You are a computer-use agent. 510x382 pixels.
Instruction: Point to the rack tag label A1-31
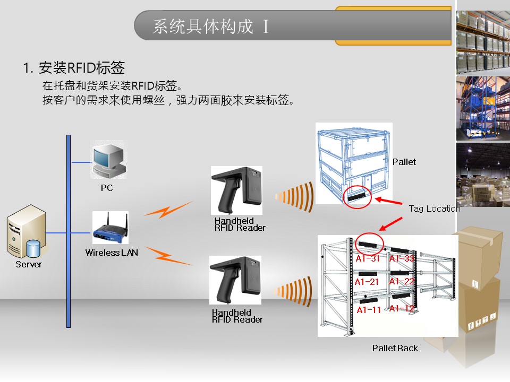(368, 259)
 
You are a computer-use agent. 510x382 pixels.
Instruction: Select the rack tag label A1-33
(402, 259)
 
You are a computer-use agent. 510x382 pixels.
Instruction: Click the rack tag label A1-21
(367, 282)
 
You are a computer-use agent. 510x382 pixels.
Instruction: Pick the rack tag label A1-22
(402, 282)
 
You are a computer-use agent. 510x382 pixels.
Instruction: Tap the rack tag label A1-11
(369, 310)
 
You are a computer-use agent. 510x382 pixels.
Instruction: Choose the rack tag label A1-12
(402, 308)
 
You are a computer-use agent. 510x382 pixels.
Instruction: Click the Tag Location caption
(434, 209)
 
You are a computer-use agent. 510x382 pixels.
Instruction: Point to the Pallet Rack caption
(395, 348)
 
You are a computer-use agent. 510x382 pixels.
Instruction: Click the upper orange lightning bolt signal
(168, 210)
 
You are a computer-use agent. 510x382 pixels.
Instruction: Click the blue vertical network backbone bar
(68, 231)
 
